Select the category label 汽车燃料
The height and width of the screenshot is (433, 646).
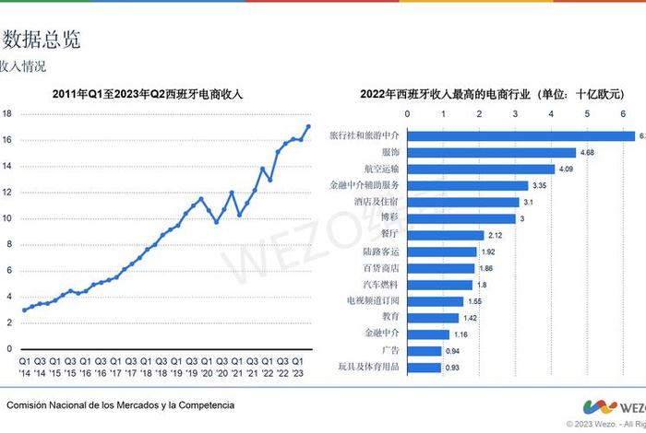coord(380,285)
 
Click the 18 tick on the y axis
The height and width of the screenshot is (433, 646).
coord(6,114)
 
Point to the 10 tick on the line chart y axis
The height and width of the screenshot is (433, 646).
coord(6,218)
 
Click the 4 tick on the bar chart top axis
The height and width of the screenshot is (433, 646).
coord(551,114)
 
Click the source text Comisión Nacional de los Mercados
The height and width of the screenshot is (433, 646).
coord(120,405)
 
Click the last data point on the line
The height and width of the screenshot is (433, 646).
coord(308,126)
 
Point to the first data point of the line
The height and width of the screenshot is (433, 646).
coord(24,310)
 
